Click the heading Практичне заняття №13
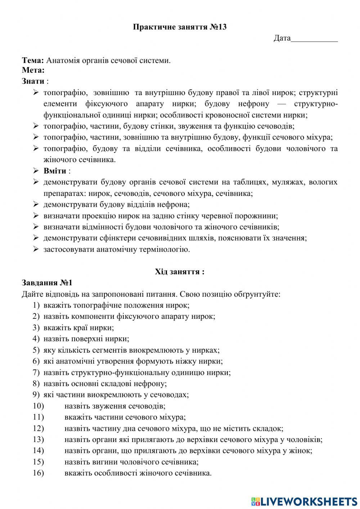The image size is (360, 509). [180, 27]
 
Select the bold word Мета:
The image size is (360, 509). [33, 70]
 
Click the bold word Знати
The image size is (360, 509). [33, 81]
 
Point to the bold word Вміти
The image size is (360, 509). [55, 171]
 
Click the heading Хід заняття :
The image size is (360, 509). [180, 272]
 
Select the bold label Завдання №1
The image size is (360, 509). [47, 283]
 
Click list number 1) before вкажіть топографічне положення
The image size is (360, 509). [36, 305]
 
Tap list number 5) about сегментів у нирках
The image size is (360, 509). [36, 350]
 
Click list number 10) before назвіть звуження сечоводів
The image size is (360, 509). [38, 406]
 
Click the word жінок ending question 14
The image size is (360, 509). [302, 451]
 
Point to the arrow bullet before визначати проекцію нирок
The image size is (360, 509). [36, 216]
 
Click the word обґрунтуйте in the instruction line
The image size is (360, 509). [257, 294]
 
